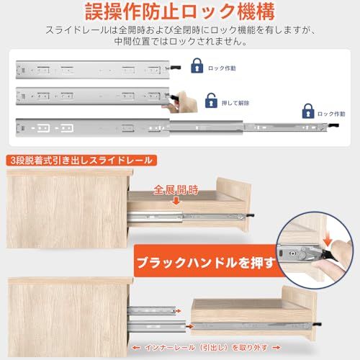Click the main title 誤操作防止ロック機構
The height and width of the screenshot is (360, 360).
tap(180, 12)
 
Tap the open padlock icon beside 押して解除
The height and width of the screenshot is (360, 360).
tap(211, 101)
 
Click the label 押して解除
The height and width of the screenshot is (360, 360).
tap(235, 103)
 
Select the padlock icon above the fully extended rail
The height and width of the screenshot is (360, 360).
tap(308, 111)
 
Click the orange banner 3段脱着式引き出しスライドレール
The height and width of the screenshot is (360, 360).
tap(81, 161)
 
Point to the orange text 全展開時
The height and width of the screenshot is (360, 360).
tap(176, 190)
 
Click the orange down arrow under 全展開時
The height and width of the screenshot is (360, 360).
tap(176, 201)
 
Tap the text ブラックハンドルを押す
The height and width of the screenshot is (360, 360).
tap(206, 263)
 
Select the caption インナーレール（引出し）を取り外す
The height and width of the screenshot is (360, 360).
tap(207, 348)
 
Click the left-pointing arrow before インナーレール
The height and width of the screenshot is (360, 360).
tap(136, 348)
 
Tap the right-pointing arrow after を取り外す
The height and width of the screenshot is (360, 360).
tap(276, 348)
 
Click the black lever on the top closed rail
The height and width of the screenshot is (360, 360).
tap(176, 68)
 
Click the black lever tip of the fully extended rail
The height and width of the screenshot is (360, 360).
tap(333, 125)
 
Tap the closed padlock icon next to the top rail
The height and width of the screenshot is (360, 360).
tap(197, 66)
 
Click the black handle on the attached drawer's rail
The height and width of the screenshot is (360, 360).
tap(250, 216)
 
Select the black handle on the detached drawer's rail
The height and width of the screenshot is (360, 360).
tap(318, 324)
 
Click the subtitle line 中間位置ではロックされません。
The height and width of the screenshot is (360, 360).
tap(181, 41)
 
